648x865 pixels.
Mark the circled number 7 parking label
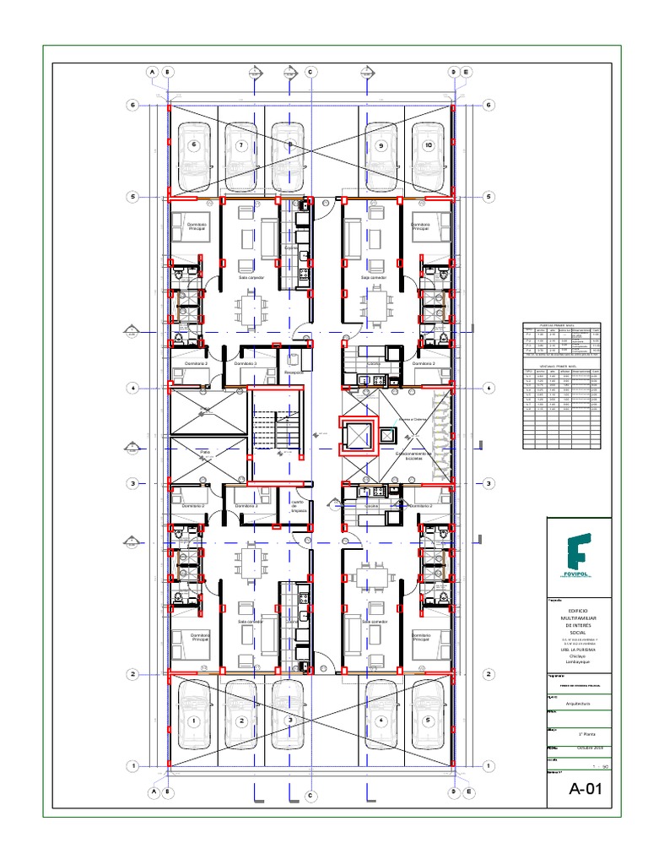240,145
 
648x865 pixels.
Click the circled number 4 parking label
381,721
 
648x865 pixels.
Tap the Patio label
204,453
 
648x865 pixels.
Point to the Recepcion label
294,372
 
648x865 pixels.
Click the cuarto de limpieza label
296,505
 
